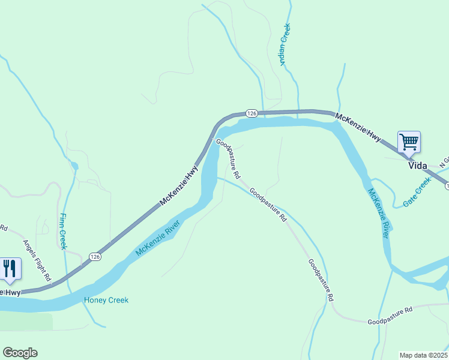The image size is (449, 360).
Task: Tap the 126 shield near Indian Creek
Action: (x=252, y=113)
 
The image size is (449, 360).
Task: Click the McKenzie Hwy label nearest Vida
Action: (x=358, y=127)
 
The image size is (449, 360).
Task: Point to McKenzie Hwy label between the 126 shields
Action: (x=179, y=187)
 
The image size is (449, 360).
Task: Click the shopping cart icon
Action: (x=409, y=142)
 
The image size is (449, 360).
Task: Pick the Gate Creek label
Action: (x=417, y=193)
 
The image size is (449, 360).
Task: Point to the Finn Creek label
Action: (x=63, y=231)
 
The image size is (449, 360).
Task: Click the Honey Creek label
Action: (x=106, y=300)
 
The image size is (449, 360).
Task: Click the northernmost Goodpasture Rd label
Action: (x=229, y=159)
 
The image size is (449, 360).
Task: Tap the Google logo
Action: (x=20, y=353)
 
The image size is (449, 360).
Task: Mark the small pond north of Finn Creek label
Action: (x=74, y=166)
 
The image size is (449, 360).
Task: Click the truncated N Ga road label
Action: (x=444, y=161)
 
